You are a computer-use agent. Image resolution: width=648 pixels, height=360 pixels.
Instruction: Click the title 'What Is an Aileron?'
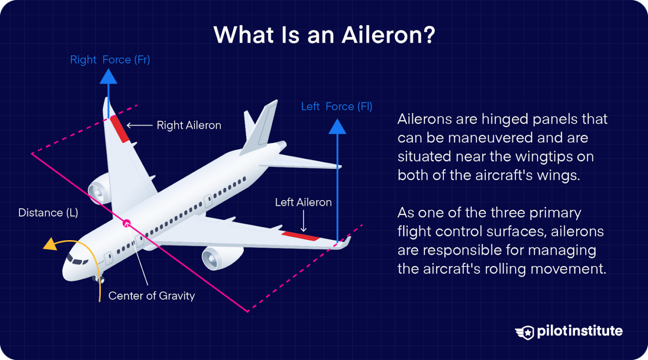(324, 35)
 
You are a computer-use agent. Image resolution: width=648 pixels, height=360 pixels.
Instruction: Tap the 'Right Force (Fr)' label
(110, 60)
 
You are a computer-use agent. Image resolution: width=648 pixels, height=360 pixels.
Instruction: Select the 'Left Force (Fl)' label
(336, 107)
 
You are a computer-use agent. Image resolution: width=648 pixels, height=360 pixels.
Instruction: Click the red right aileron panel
(119, 129)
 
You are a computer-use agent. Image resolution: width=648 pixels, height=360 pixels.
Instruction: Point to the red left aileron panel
(300, 236)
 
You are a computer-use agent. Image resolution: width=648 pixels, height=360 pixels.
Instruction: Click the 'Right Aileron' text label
(189, 125)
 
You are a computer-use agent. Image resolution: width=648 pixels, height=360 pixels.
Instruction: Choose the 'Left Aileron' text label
(303, 203)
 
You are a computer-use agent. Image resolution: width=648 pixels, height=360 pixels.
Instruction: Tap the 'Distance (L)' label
(48, 213)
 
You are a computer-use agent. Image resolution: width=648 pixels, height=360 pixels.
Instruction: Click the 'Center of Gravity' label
(151, 296)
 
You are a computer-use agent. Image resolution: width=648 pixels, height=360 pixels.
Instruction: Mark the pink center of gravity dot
(127, 223)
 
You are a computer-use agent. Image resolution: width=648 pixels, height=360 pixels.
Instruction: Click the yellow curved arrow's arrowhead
(51, 244)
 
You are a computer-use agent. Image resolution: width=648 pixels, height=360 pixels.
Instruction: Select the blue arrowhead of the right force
(108, 76)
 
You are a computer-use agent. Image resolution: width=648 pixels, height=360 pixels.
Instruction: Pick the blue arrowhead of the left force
(337, 127)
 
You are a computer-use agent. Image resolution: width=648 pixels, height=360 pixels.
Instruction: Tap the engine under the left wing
(219, 257)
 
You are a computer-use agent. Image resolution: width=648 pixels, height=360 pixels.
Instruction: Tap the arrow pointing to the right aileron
(139, 125)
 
